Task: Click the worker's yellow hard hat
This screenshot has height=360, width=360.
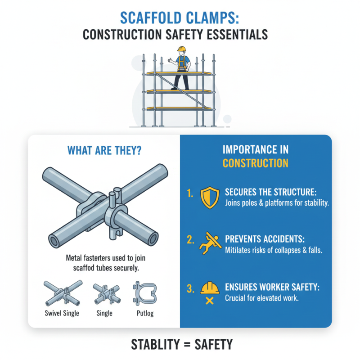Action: (x=181, y=49)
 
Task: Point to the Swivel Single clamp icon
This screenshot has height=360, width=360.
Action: (x=63, y=291)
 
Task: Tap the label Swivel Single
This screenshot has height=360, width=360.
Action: (x=63, y=313)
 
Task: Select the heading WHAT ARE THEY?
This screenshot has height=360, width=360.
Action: (x=103, y=150)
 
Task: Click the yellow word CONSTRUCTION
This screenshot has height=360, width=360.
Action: (x=255, y=162)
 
